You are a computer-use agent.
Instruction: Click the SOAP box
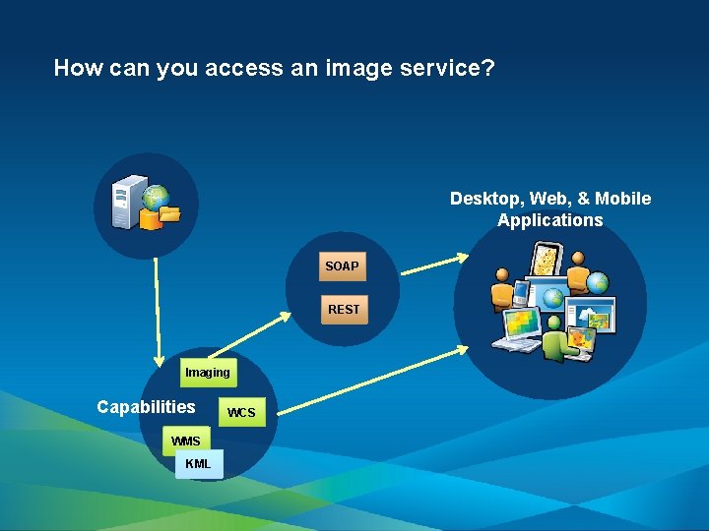click(343, 266)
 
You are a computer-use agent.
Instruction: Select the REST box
click(344, 310)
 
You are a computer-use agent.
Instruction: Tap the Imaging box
click(208, 373)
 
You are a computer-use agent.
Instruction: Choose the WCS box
click(241, 413)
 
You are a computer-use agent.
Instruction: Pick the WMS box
click(185, 441)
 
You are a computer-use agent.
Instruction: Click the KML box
click(199, 463)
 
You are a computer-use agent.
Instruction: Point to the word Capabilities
click(146, 407)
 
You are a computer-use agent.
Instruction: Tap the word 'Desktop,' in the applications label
click(486, 199)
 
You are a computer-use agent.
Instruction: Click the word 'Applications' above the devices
click(549, 220)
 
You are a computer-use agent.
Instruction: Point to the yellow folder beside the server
click(167, 213)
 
